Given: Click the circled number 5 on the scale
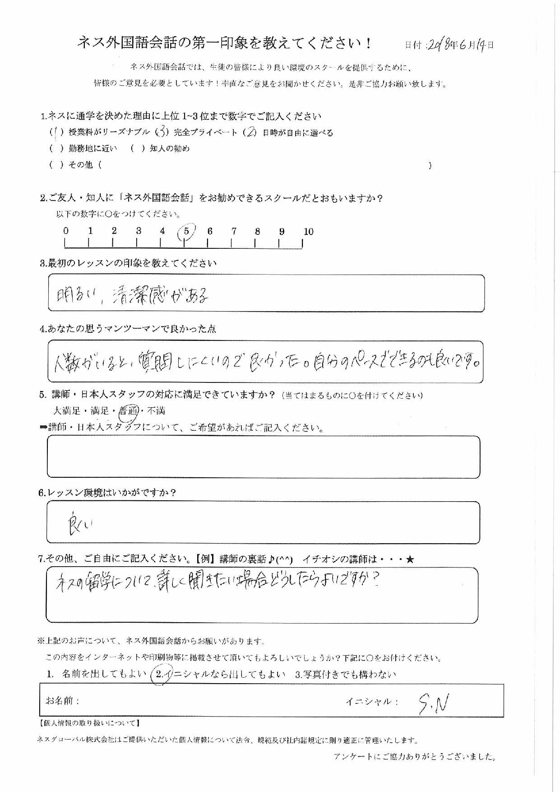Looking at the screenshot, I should pos(186,232).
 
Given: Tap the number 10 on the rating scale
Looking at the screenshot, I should pos(308,232).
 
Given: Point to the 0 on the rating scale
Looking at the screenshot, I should pos(66,231).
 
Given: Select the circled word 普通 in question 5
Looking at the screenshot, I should pos(128,411).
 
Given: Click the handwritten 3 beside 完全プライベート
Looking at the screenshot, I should pos(161,133).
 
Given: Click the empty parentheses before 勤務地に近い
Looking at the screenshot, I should pos(56,149).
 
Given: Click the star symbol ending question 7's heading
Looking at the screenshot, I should pos(409,559).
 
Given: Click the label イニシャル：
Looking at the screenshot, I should pos(372,702).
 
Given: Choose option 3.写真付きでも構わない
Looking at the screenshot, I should pos(345,675).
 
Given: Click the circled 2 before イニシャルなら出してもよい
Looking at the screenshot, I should pos(159,675).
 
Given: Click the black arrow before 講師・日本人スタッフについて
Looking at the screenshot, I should pos(43,428).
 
